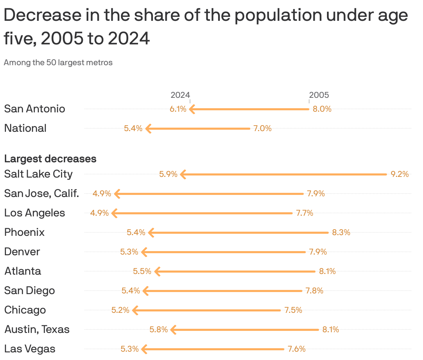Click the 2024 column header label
pos(180,95)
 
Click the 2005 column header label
pos(319,95)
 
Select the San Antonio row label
pos(35,109)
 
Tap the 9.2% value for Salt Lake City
pos(399,174)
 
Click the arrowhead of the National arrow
pos(148,128)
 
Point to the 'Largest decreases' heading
pos(50,159)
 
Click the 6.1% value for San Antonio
pos(178,109)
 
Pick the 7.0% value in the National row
pos(262,128)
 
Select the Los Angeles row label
pos(35,213)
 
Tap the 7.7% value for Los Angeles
pos(304,213)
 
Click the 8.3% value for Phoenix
pos(341,232)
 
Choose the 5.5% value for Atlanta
pos(142,271)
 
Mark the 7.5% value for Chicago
pos(293,310)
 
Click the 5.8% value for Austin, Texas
pos(158,329)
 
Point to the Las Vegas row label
pos(30,349)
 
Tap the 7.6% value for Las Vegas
pos(296,349)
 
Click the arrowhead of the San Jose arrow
pos(117,194)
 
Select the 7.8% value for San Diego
pos(314,291)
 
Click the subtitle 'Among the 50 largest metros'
pos(58,63)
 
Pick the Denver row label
pos(22,252)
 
